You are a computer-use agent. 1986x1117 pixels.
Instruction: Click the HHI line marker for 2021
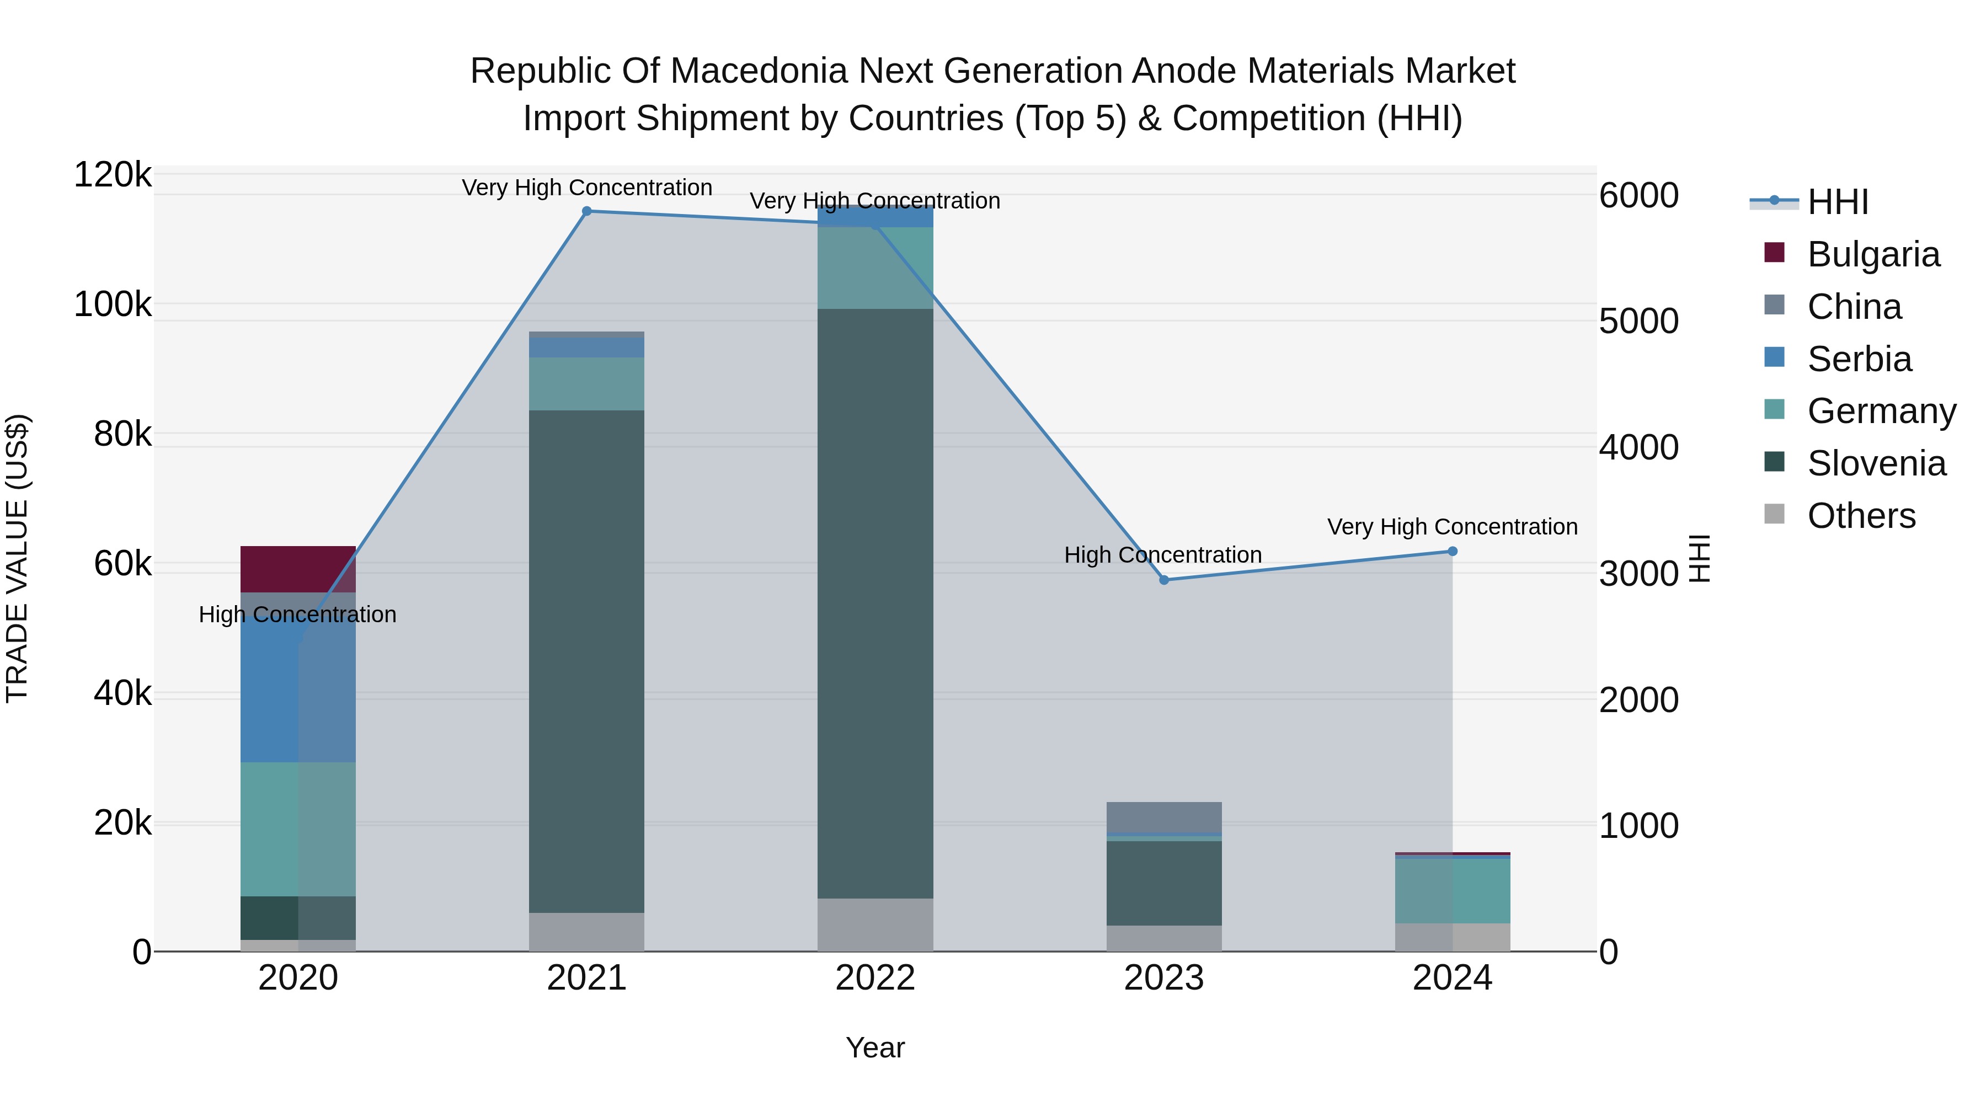[x=587, y=211]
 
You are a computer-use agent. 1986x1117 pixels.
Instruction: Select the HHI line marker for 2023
[x=1164, y=580]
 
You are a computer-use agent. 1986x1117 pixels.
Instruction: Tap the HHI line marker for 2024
[x=1453, y=551]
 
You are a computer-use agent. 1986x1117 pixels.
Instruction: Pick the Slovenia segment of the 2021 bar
[x=587, y=661]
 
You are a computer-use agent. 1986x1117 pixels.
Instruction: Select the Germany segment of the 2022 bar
[x=875, y=268]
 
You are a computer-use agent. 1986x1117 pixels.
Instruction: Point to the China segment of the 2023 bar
[x=1164, y=817]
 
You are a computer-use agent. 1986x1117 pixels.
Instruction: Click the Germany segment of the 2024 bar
[x=1453, y=890]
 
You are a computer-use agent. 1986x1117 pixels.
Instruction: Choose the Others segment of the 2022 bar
[x=875, y=925]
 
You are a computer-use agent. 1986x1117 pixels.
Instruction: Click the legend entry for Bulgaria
[x=1873, y=254]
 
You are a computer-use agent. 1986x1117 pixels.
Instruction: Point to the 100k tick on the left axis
[x=113, y=304]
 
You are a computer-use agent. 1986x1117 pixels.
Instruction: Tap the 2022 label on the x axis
[x=875, y=978]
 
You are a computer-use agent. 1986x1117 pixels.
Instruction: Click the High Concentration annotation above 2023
[x=1162, y=555]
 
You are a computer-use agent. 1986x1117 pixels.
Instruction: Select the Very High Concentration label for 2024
[x=1453, y=527]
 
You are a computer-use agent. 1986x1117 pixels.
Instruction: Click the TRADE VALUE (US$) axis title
[x=18, y=558]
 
